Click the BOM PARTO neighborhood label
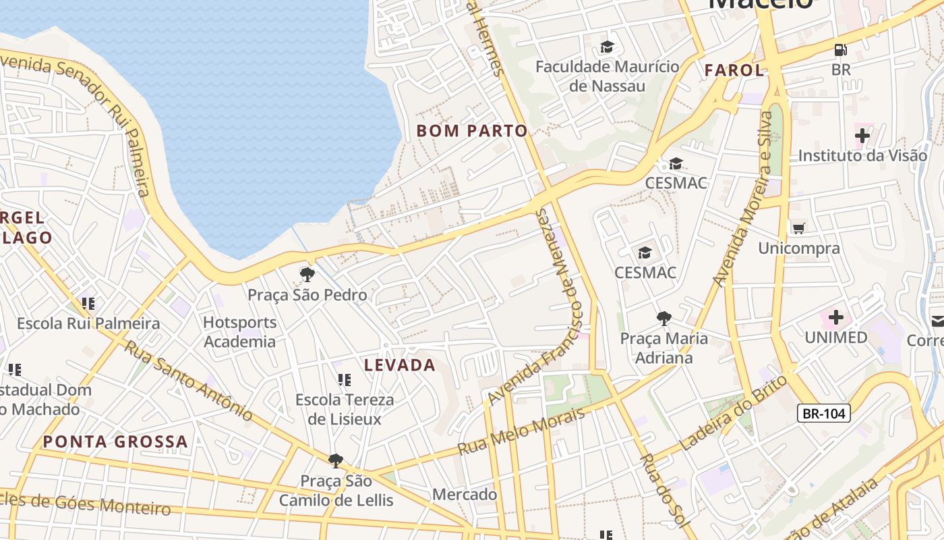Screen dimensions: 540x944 [472, 131]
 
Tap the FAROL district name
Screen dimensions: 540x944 [734, 70]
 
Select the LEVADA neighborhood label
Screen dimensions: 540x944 [400, 365]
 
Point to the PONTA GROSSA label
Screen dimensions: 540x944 [115, 442]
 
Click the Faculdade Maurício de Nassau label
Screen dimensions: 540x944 [608, 76]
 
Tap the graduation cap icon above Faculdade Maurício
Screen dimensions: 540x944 [608, 47]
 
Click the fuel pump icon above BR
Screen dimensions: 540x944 [840, 49]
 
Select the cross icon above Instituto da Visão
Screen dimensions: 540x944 [862, 136]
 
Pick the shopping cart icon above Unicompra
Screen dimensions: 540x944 [799, 228]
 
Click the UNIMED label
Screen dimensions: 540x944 [836, 337]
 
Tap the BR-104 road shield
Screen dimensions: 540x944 [823, 413]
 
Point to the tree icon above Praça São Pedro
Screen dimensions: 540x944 [307, 274]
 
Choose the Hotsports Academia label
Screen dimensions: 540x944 [240, 332]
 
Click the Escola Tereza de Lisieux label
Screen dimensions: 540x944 [345, 409]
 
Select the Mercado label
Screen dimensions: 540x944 [465, 494]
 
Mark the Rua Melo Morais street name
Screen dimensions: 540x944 [521, 431]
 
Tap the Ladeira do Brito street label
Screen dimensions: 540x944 [733, 413]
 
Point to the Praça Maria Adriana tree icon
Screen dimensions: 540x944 [664, 318]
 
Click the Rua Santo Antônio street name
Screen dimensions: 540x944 [189, 381]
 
